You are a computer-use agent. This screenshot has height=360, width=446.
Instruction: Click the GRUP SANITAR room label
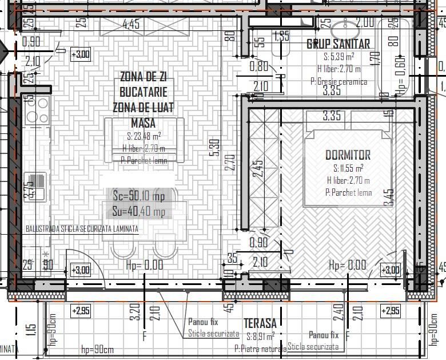(x=338, y=43)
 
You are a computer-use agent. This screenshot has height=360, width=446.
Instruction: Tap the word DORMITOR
(x=348, y=155)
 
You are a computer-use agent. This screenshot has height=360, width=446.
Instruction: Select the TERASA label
(x=260, y=323)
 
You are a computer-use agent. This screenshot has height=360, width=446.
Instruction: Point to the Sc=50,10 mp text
(x=138, y=196)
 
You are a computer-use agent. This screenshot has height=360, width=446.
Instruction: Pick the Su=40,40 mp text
(x=139, y=212)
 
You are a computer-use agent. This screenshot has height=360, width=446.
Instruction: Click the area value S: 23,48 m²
(x=144, y=136)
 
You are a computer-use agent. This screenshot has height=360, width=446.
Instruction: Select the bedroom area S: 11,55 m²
(x=348, y=168)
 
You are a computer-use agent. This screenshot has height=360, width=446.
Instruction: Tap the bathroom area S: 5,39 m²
(x=339, y=57)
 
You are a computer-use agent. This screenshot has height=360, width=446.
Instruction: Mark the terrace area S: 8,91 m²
(x=260, y=336)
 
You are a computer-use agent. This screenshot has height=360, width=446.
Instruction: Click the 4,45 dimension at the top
(x=131, y=24)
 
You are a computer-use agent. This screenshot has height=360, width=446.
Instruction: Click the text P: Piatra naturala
(x=260, y=348)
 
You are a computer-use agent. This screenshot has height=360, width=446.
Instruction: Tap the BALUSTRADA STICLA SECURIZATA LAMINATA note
(x=82, y=228)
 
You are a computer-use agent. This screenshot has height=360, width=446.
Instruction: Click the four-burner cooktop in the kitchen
(x=36, y=110)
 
